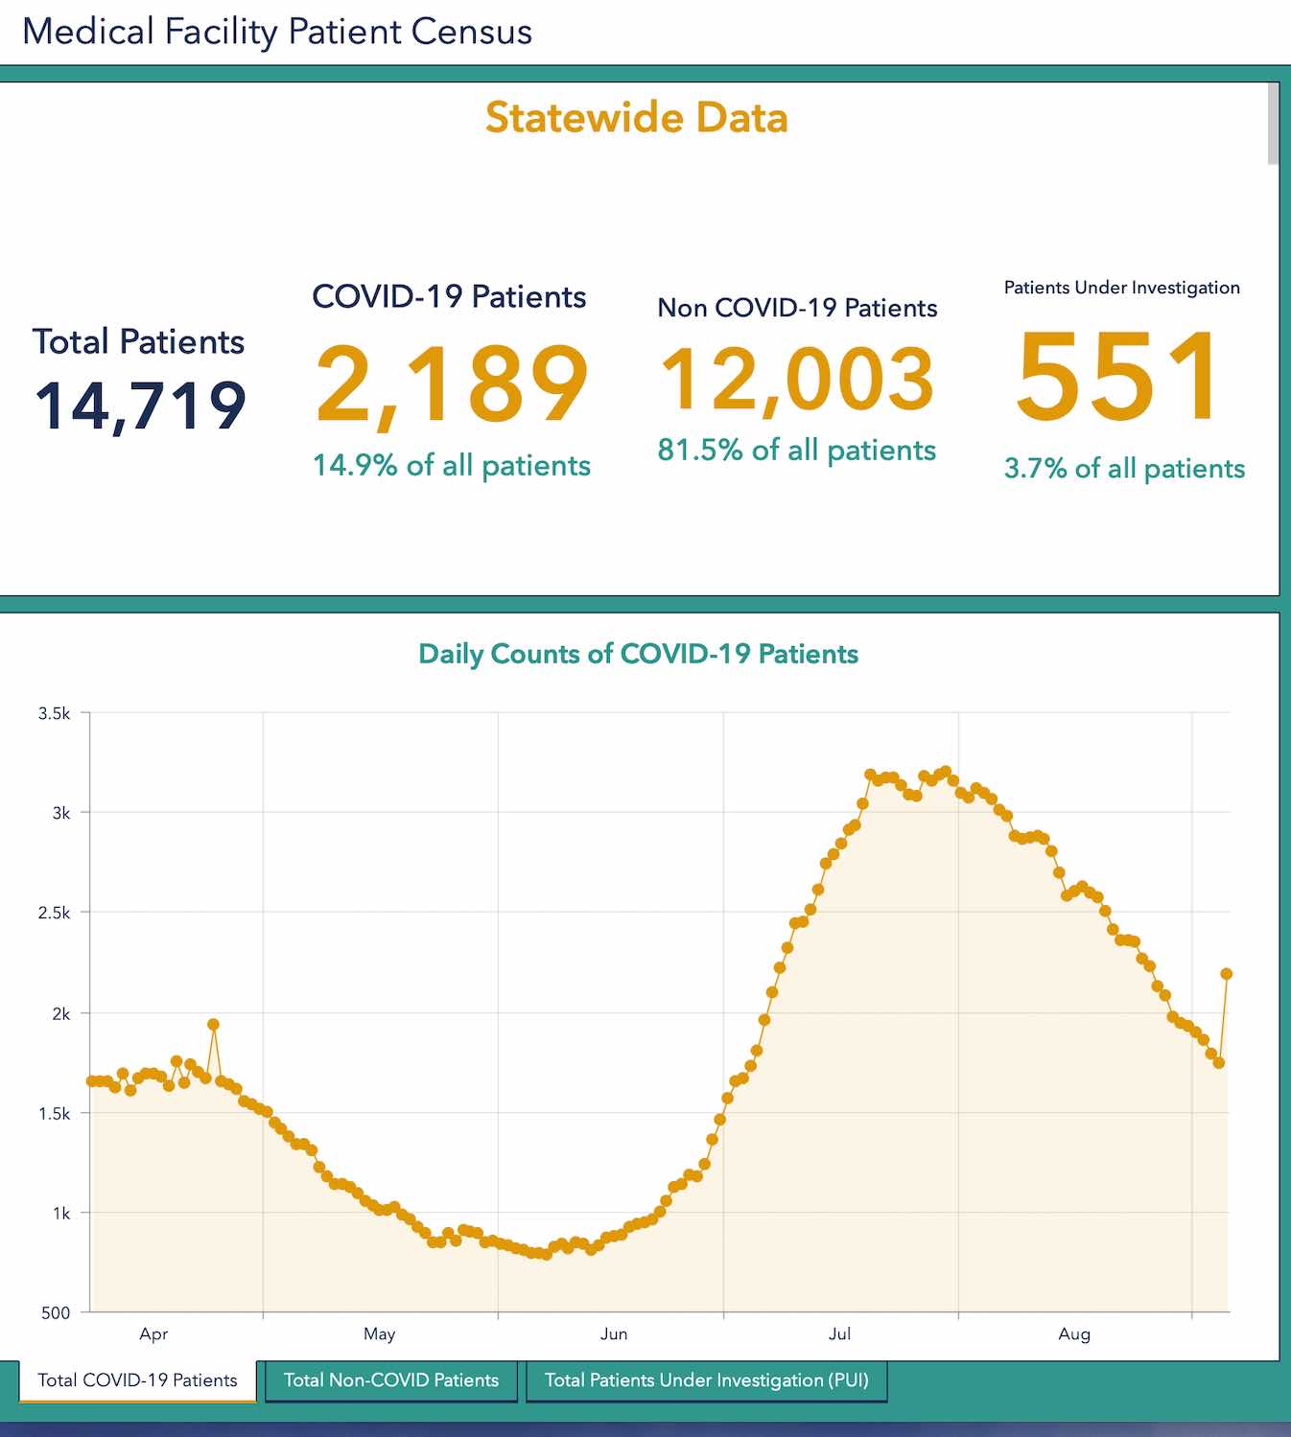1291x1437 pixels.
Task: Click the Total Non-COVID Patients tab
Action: click(391, 1380)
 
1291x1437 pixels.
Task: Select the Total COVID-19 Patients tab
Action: click(137, 1380)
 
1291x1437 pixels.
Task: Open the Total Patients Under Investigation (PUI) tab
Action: click(706, 1380)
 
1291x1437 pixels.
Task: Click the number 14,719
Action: click(141, 406)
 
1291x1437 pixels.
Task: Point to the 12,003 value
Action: click(797, 380)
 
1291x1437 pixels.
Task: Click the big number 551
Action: click(1119, 376)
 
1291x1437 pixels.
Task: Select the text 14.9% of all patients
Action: click(452, 466)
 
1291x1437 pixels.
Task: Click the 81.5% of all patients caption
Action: click(796, 450)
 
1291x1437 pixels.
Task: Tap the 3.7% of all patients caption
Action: click(1124, 469)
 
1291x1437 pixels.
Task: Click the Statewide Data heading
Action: click(636, 118)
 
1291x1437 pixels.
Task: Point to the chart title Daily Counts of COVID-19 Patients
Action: click(638, 654)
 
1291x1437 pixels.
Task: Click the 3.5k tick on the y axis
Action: click(55, 713)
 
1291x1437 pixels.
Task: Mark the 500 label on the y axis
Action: click(56, 1312)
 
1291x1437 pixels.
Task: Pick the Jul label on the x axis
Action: click(839, 1333)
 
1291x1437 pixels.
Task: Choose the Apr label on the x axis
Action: click(153, 1333)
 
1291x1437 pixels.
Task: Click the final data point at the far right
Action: click(1226, 974)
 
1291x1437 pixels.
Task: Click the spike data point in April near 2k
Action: click(213, 1025)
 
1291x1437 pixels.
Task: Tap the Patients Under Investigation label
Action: click(1121, 288)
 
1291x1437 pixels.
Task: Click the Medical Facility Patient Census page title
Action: click(277, 32)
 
